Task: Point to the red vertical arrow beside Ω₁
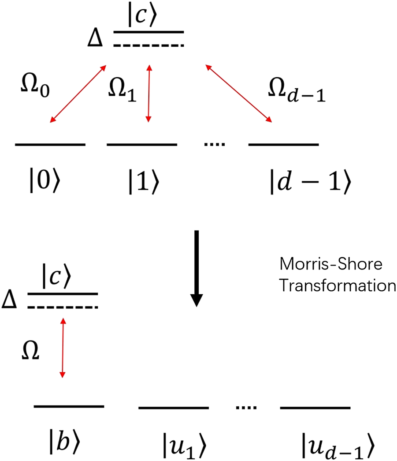[149, 94]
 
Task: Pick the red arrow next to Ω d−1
[237, 94]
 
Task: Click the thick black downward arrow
[197, 267]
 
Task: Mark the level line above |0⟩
[50, 144]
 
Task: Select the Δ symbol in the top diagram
[96, 40]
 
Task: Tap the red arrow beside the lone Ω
[63, 349]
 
